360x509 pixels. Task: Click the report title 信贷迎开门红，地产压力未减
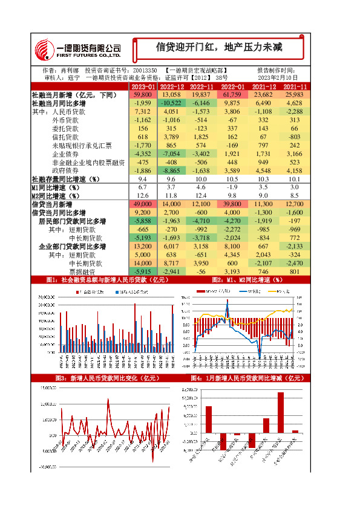pos(220,47)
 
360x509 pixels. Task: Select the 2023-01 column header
pos(143,87)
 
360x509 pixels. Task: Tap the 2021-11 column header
pos(295,87)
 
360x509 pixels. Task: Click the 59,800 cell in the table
pos(143,96)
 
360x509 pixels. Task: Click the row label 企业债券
pos(65,154)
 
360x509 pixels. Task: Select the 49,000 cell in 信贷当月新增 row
pos(143,205)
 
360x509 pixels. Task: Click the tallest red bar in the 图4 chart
pos(281,412)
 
